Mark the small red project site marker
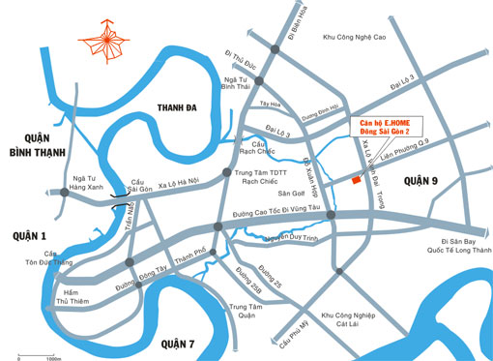coord(357,180)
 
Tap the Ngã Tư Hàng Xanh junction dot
coord(64,193)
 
